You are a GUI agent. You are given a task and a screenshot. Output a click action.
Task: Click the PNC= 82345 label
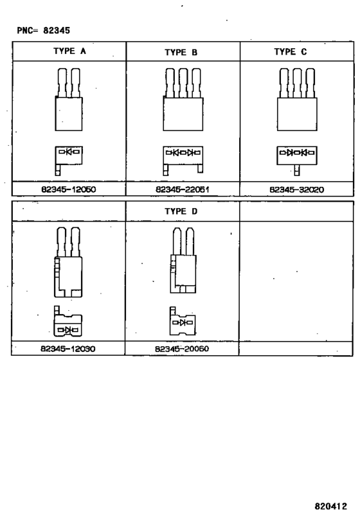(x=44, y=31)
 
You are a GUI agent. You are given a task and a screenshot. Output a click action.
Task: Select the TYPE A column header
(x=69, y=51)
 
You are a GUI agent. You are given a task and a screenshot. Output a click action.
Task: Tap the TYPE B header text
(x=181, y=52)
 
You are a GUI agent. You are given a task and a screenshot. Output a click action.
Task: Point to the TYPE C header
(x=291, y=51)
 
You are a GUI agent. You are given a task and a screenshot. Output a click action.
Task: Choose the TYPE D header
(x=181, y=211)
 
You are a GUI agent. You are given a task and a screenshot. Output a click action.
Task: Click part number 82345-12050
(x=69, y=189)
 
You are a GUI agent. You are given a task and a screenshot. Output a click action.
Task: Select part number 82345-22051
(x=183, y=189)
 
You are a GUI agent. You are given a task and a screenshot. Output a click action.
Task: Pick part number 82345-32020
(x=297, y=189)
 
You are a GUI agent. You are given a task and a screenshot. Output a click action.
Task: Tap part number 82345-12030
(x=68, y=349)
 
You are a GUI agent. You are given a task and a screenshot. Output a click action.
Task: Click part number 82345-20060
(x=182, y=349)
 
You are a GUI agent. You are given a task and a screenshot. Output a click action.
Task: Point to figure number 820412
(x=331, y=506)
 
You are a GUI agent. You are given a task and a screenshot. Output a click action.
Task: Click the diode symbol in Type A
(x=69, y=152)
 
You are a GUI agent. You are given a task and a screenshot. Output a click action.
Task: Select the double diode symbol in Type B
(x=183, y=153)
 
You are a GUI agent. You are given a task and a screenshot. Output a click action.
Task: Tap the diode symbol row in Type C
(x=297, y=153)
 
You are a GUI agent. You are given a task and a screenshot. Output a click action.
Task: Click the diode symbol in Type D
(x=183, y=322)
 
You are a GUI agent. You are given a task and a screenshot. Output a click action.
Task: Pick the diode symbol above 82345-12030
(x=68, y=330)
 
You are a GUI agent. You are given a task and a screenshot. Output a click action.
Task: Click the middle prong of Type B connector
(x=183, y=83)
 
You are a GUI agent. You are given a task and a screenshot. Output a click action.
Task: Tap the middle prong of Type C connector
(x=297, y=83)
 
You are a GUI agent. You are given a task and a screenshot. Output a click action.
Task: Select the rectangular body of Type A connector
(x=69, y=114)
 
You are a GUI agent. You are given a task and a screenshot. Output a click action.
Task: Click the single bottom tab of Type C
(x=297, y=170)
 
